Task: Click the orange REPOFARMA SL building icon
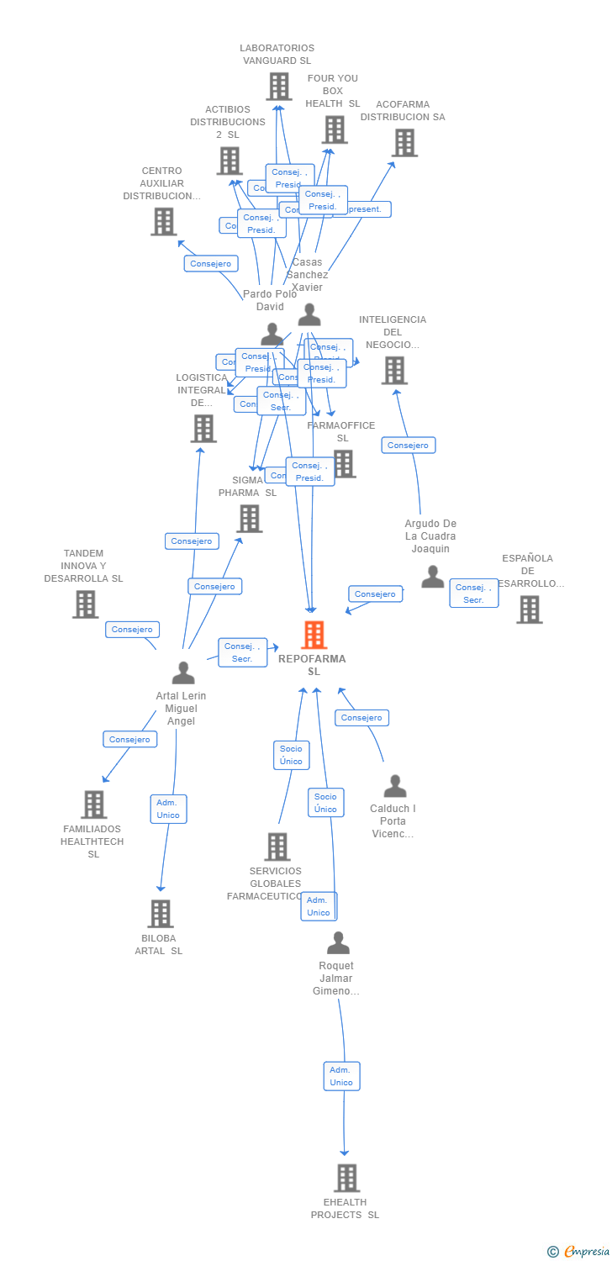314,635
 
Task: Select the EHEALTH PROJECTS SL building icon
346,1178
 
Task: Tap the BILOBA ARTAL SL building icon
160,914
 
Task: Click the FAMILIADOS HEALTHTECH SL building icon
93,805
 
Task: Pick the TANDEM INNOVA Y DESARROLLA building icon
85,604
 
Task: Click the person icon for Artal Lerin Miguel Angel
182,673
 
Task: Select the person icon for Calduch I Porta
394,786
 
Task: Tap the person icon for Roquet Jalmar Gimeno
338,943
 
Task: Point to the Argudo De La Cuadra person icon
432,577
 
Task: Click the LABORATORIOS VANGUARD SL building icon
278,86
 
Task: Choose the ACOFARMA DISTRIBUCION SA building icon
404,143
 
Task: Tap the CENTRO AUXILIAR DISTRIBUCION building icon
163,221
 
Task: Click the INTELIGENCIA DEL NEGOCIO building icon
393,370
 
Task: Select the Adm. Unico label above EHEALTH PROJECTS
341,1076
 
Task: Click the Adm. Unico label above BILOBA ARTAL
168,809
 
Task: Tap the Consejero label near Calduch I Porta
361,718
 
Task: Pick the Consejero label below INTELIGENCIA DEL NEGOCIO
408,446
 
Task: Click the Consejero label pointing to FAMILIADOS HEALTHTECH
129,740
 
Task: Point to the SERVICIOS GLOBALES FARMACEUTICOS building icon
277,847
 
